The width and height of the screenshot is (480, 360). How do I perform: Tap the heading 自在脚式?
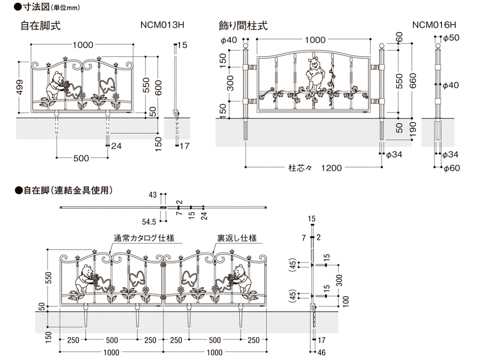(41, 26)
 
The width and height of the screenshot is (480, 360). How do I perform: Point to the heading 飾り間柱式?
(243, 26)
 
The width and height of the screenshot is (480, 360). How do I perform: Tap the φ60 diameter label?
(452, 168)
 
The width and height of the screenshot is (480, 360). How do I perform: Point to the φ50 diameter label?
(452, 38)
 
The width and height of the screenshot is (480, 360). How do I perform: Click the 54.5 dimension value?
(149, 220)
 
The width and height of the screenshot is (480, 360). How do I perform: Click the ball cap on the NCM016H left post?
(246, 46)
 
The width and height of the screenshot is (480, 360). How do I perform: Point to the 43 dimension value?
(152, 195)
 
